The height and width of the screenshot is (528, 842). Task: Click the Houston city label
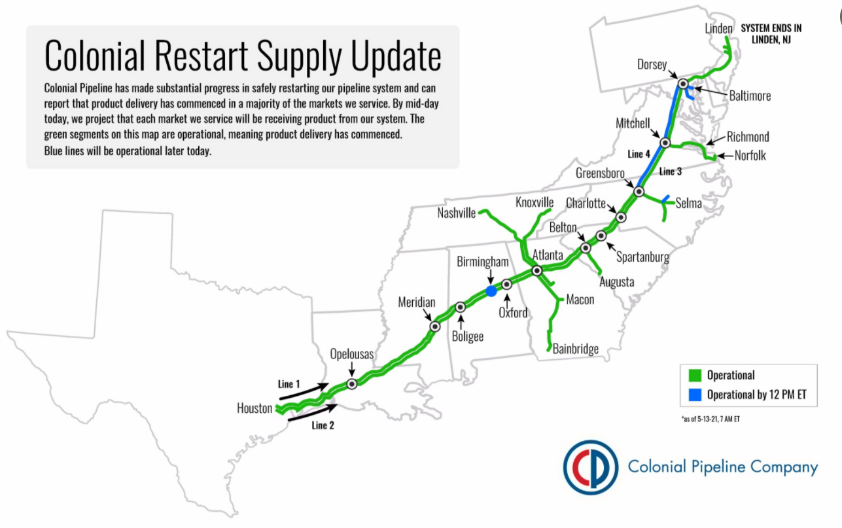point(254,408)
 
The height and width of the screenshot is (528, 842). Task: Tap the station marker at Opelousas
point(352,384)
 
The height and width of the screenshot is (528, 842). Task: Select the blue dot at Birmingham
point(491,291)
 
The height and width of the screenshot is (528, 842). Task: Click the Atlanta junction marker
point(536,271)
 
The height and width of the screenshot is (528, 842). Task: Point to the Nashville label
point(457,213)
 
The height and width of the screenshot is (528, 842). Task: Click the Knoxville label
point(535,202)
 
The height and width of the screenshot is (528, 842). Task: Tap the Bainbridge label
point(576,349)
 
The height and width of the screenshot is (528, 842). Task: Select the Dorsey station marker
point(683,84)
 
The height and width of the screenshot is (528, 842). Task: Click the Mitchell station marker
point(665,143)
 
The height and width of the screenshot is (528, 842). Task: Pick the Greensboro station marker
point(639,192)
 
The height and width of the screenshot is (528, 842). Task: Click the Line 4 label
point(639,154)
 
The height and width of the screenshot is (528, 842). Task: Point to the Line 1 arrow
point(304,392)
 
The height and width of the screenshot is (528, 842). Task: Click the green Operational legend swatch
point(695,375)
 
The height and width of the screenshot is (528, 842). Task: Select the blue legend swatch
point(695,395)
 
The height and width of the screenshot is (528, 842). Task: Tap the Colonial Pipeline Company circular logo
point(591,467)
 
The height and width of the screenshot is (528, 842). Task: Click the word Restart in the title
point(202,56)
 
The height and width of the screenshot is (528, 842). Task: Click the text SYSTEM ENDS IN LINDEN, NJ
point(771,34)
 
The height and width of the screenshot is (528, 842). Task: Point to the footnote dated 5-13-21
point(710,419)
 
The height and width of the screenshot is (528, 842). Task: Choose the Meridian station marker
point(435,326)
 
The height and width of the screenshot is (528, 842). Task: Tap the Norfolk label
point(750,156)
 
